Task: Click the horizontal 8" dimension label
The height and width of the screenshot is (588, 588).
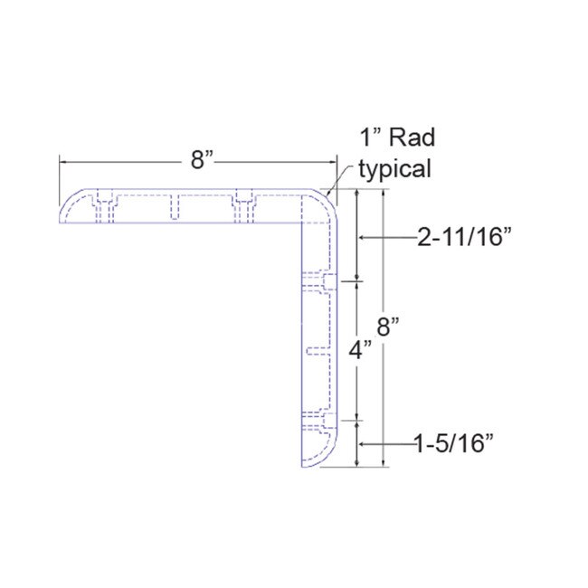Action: point(201,160)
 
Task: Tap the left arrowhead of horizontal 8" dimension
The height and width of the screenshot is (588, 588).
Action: point(62,161)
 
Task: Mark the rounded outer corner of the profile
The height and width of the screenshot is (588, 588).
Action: point(327,200)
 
